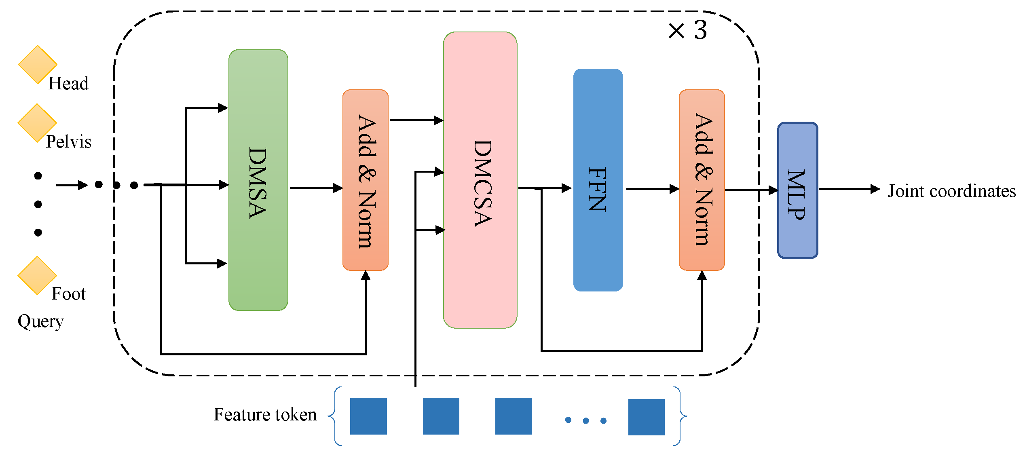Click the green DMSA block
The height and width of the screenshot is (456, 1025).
(x=258, y=180)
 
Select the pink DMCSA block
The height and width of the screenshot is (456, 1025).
(x=480, y=180)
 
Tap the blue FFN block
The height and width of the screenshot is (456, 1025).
(x=598, y=180)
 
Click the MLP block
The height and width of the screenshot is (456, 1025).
(x=797, y=190)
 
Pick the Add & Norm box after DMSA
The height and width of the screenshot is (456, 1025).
(x=365, y=180)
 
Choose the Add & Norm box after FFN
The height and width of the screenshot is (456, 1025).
(x=702, y=180)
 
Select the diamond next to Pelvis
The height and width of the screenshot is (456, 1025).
(x=37, y=123)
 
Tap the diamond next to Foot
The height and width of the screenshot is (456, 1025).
(x=37, y=275)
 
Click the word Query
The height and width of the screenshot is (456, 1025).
(x=40, y=321)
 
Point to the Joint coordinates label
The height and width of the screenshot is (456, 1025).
(x=951, y=191)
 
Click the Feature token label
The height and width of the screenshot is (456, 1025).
(x=265, y=415)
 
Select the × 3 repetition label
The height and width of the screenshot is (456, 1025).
(x=687, y=30)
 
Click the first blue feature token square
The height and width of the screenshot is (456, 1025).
(x=368, y=416)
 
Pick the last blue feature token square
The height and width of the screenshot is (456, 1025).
(x=646, y=417)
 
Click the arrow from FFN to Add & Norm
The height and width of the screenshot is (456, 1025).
(x=652, y=189)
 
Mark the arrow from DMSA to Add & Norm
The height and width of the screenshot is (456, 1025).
(x=315, y=188)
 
